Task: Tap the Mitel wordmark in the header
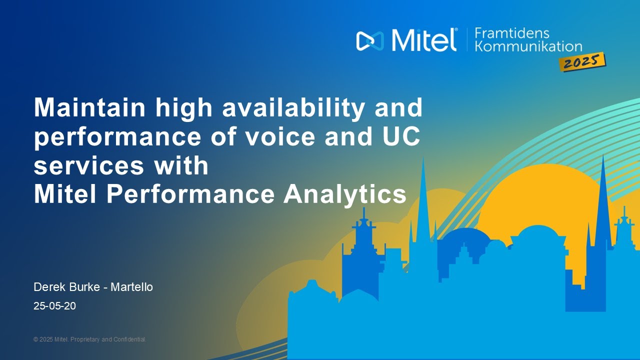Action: click(x=424, y=40)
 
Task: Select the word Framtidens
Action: click(x=511, y=33)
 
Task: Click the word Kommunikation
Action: click(x=528, y=46)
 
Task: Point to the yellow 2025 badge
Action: click(x=582, y=62)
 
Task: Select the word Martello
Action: click(x=131, y=287)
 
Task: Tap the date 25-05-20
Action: click(x=54, y=305)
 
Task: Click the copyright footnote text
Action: click(x=89, y=339)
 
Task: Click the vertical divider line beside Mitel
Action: click(x=467, y=39)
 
